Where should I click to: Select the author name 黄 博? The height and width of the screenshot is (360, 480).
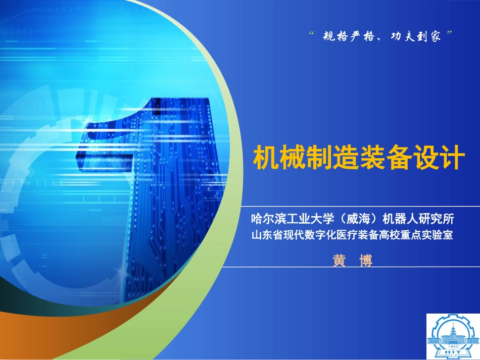(x=352, y=261)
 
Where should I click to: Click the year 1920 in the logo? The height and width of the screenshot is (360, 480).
(x=452, y=349)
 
